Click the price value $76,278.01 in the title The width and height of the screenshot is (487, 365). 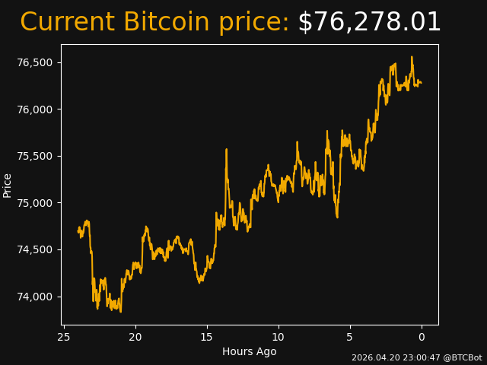coord(369,22)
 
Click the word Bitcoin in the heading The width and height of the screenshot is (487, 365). coord(166,21)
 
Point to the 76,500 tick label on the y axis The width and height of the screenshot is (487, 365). coord(35,62)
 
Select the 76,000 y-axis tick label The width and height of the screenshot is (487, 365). coord(35,109)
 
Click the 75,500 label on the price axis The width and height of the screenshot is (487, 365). coord(35,156)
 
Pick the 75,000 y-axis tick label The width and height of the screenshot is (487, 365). coord(35,203)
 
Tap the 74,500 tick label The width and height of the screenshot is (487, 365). coord(35,250)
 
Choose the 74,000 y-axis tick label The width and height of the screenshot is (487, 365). coord(35,297)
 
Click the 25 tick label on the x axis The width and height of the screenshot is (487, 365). coord(64,337)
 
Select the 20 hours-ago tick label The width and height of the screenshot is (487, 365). coord(135,337)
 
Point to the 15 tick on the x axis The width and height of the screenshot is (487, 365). coord(207,337)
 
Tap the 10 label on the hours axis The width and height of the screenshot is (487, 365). coord(279,337)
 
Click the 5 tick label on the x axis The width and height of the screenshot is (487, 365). coord(350,337)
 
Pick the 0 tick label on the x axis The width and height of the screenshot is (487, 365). coord(422,337)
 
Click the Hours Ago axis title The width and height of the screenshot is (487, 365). coord(250,351)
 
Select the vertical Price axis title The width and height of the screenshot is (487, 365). coord(7,186)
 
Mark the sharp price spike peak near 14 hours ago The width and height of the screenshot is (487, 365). coord(227,149)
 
